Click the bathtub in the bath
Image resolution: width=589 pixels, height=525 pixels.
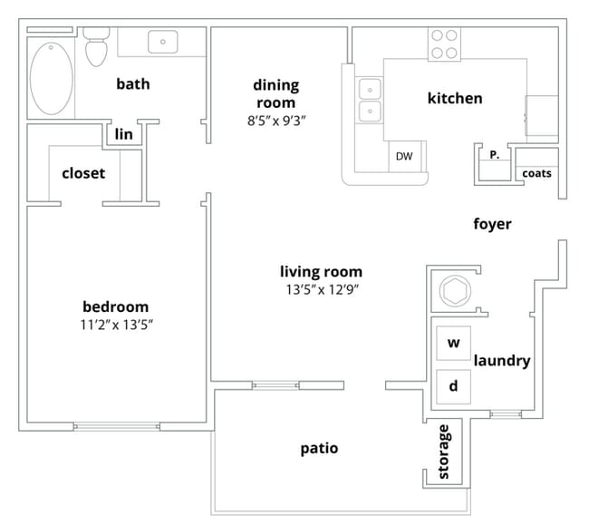tap(51, 75)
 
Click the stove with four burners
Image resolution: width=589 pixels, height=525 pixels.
tap(443, 44)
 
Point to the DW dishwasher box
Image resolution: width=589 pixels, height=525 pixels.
tap(404, 157)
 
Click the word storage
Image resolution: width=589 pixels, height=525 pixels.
tap(444, 452)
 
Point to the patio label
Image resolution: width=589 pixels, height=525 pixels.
tap(319, 448)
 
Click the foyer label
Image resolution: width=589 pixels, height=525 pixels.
tap(492, 224)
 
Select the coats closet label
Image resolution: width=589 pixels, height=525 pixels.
tap(536, 174)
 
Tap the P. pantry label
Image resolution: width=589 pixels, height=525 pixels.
tap(494, 155)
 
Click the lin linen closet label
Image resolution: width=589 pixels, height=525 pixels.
tap(124, 134)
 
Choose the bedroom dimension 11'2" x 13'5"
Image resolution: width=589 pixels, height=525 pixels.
tap(115, 325)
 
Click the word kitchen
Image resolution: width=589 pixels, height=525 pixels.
tap(455, 98)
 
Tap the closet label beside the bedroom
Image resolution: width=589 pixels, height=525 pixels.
tap(83, 172)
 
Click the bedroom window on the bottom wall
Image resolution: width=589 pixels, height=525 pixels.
tap(116, 426)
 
